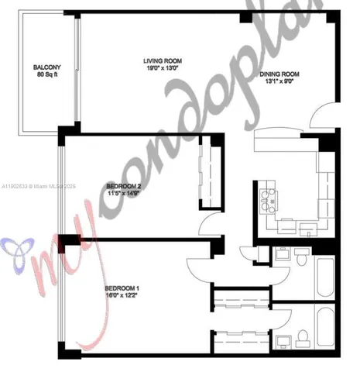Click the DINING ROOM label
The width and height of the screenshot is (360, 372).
coord(279,75)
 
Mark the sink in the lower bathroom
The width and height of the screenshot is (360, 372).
coord(283,339)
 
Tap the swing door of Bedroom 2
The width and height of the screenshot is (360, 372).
coord(209,226)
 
